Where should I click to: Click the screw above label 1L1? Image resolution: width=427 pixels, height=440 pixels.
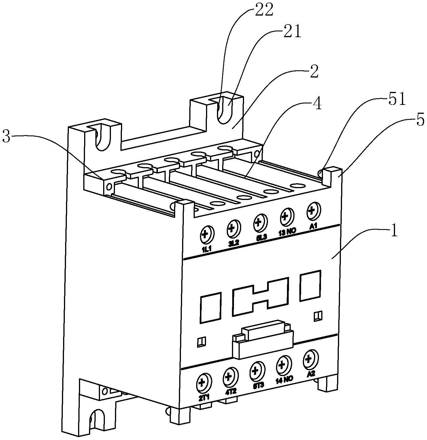click(x=206, y=234)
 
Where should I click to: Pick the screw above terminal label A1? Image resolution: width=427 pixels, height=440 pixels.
click(x=312, y=210)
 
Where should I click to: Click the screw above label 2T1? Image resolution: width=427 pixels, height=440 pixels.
click(x=202, y=383)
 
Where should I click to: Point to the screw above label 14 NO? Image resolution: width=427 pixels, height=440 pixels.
click(x=282, y=365)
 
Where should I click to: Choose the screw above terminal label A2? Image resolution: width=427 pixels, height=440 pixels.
click(x=309, y=359)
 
